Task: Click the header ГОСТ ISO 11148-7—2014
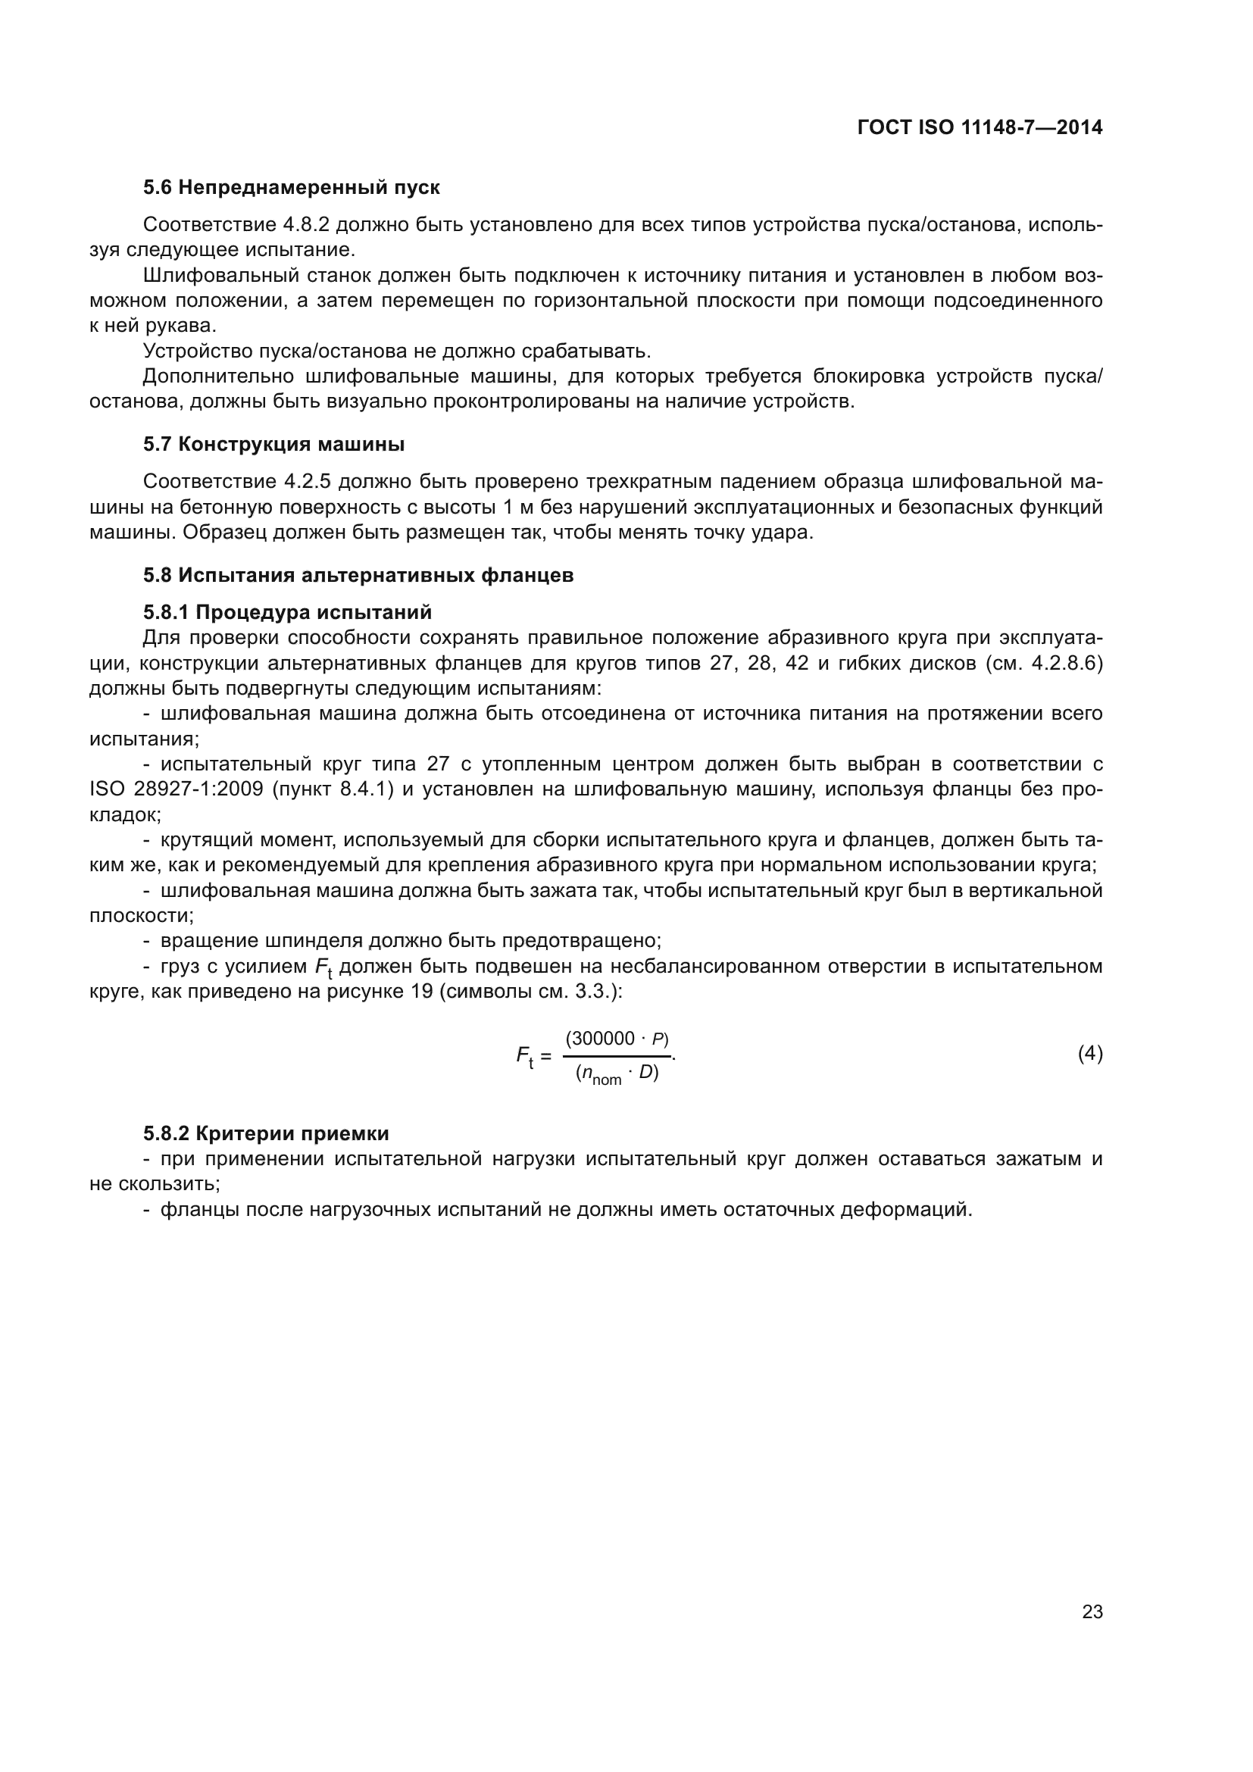point(979,127)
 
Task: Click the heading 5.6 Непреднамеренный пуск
point(291,188)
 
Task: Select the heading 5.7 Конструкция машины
point(273,445)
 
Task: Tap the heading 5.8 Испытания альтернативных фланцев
point(358,576)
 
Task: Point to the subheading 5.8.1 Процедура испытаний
point(287,613)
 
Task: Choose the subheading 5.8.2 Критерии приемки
point(265,1134)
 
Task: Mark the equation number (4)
point(1089,1054)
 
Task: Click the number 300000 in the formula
point(600,1039)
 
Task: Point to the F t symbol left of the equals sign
point(525,1056)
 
